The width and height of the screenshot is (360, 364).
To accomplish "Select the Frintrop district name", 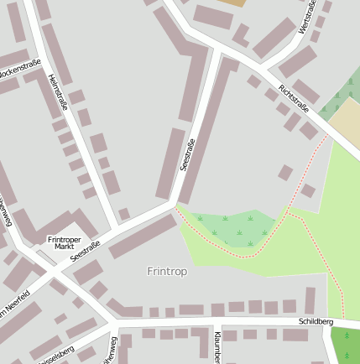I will [167, 272].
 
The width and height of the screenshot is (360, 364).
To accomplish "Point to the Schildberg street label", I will [316, 322].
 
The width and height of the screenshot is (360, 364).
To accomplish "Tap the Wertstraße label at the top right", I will [307, 18].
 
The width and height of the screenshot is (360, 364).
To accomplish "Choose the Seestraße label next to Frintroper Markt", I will [86, 251].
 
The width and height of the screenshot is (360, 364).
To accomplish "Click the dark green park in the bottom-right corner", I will [346, 344].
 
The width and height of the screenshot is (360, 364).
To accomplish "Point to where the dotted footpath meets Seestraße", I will [175, 205].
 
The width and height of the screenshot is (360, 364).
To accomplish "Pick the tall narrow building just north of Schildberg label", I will [310, 300].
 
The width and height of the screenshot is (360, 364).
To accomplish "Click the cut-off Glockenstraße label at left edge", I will [18, 72].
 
